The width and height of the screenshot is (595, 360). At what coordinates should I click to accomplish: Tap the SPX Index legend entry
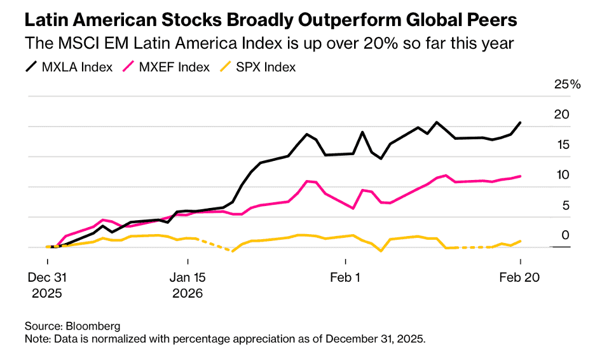(261, 67)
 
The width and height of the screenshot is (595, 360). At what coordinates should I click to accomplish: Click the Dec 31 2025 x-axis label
(48, 286)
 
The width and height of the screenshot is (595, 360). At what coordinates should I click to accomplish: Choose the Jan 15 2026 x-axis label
(188, 286)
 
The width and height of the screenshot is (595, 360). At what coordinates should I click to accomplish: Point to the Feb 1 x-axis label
(345, 277)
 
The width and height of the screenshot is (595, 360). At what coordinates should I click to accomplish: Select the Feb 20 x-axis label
(521, 277)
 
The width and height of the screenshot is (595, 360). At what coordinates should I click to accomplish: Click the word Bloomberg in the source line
(93, 326)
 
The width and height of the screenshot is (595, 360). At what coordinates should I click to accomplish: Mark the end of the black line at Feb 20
(521, 122)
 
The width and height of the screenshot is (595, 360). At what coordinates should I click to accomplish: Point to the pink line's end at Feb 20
(521, 176)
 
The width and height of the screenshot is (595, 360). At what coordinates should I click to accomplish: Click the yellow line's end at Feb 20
(521, 241)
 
